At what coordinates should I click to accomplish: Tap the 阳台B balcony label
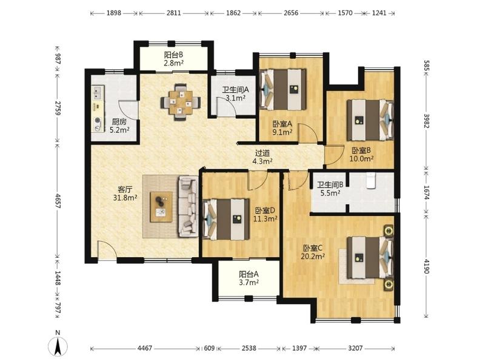[173, 55]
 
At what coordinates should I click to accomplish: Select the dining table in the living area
[181, 101]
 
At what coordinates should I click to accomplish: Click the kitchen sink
[98, 93]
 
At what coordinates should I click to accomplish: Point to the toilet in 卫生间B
[370, 181]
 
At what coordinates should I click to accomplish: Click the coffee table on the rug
[161, 207]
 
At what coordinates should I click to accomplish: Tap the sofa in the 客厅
[188, 206]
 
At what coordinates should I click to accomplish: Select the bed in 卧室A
[283, 89]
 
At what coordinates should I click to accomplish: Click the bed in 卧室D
[226, 219]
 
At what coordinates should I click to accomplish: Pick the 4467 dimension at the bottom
[144, 348]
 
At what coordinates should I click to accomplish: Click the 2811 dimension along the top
[173, 13]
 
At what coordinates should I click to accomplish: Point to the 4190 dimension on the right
[427, 266]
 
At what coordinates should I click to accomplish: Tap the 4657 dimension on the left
[58, 200]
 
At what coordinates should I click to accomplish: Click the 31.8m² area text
[125, 198]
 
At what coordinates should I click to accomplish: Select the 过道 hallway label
[263, 153]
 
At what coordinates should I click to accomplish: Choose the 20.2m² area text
[313, 256]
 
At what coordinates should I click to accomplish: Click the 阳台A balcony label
[249, 274]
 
